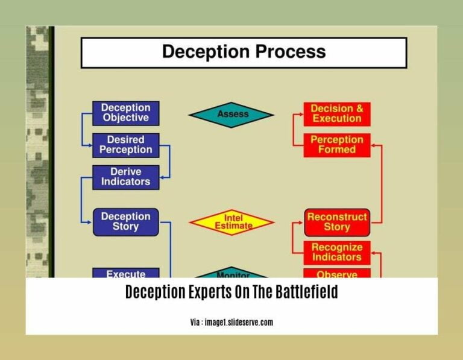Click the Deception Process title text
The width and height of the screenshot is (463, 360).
pyautogui.click(x=244, y=52)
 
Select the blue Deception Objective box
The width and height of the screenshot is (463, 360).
pyautogui.click(x=125, y=113)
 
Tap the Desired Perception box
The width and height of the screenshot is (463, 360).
pyautogui.click(x=125, y=145)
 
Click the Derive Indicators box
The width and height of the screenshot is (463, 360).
pyautogui.click(x=125, y=177)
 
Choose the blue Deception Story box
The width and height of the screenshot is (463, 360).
pyautogui.click(x=125, y=222)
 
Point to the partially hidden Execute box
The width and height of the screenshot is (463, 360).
pyautogui.click(x=125, y=273)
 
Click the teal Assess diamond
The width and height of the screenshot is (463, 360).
pyautogui.click(x=231, y=114)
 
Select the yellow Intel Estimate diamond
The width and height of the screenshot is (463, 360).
pyautogui.click(x=231, y=222)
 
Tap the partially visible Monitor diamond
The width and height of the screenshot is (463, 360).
pyautogui.click(x=231, y=272)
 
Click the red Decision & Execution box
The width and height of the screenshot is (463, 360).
pyautogui.click(x=336, y=113)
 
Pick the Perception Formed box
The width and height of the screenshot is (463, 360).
pyautogui.click(x=336, y=145)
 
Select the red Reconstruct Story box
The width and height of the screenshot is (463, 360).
pyautogui.click(x=336, y=222)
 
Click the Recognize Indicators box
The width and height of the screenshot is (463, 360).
pyautogui.click(x=336, y=253)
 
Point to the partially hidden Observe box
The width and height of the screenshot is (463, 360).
pyautogui.click(x=336, y=274)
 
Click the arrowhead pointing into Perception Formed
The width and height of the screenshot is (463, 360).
pyautogui.click(x=374, y=145)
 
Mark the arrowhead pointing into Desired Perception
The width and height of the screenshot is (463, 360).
pyautogui.click(x=89, y=145)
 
